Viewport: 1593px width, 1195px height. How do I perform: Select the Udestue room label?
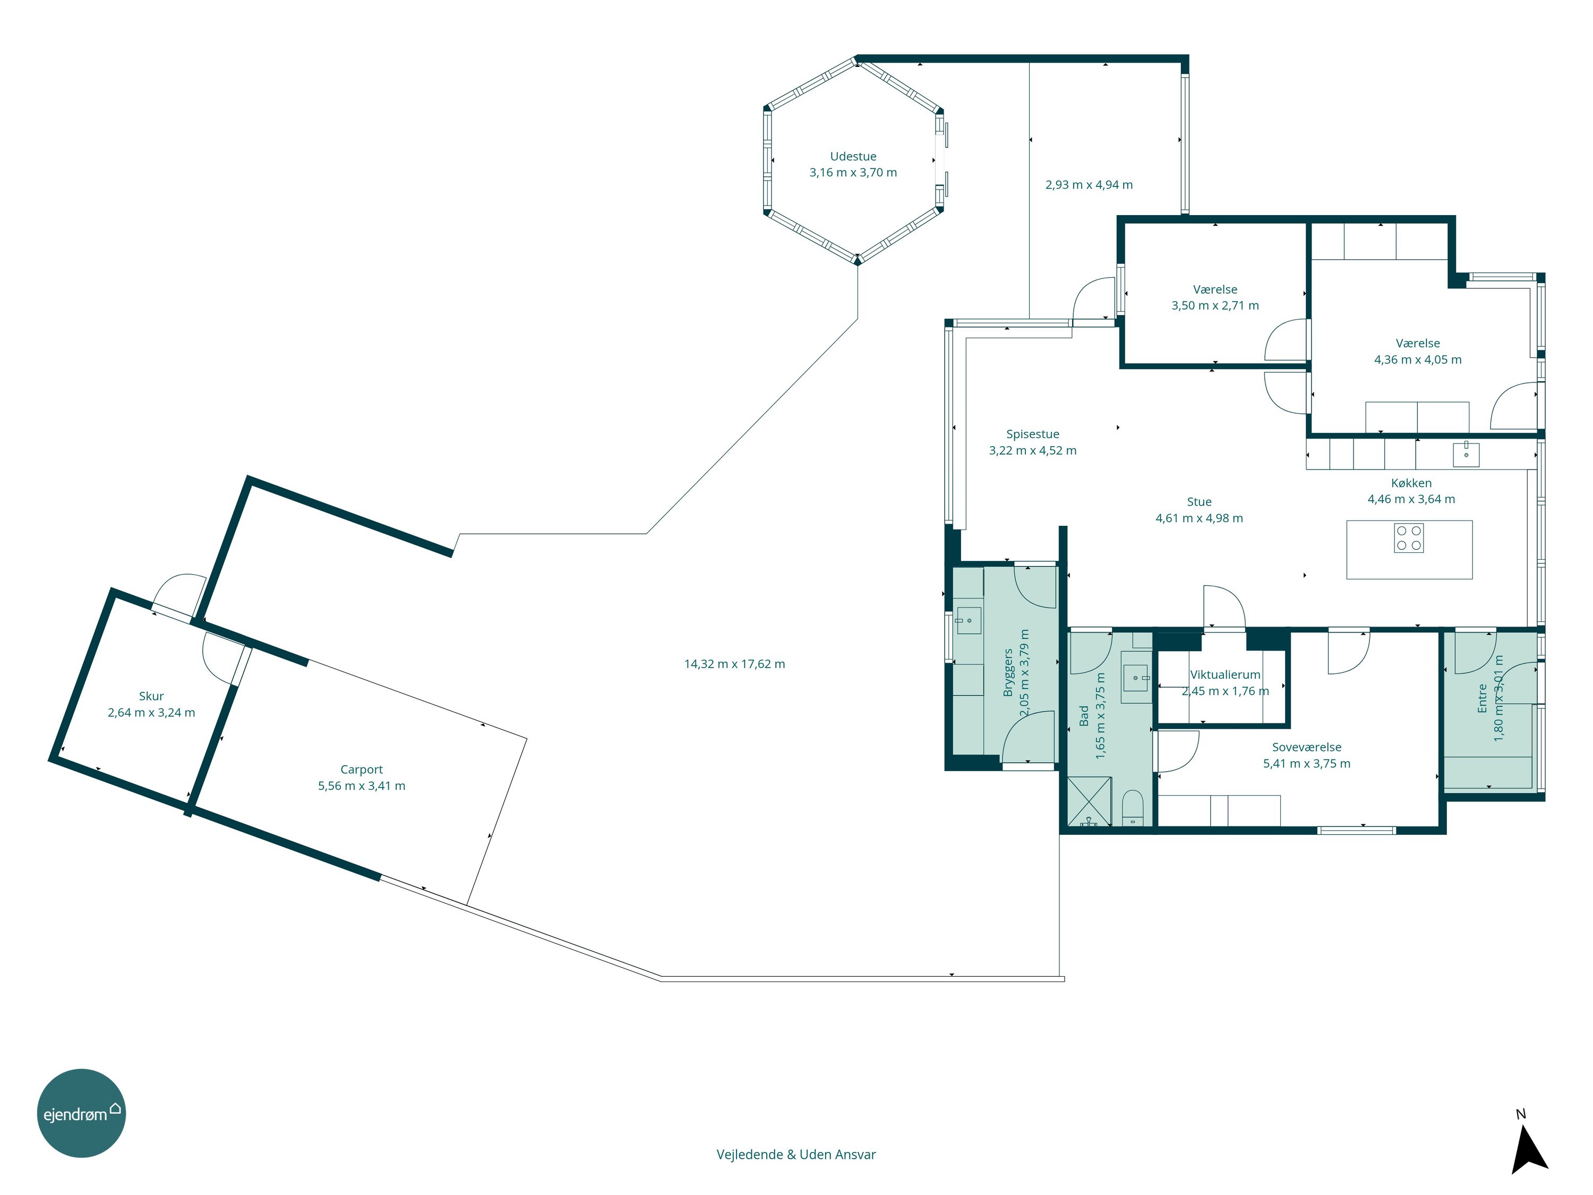point(853,156)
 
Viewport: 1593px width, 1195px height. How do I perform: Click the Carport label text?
point(362,769)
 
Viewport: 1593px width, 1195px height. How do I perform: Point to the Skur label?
point(151,696)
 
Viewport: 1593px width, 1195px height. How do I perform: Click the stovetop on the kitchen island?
point(1409,538)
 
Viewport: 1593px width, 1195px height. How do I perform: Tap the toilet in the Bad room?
point(1133,807)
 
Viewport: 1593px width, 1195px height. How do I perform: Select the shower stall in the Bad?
point(1090,801)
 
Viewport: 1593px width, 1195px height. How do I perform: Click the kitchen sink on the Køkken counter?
point(1466,455)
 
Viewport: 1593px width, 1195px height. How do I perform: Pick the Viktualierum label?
point(1225,675)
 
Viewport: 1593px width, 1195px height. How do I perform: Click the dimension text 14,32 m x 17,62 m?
point(734,664)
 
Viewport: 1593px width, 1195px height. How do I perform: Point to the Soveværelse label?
point(1306,747)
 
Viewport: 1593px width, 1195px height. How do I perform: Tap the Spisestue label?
point(1033,434)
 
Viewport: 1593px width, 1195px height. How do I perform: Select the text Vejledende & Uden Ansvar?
point(796,1155)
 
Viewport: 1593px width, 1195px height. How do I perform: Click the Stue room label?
point(1199,502)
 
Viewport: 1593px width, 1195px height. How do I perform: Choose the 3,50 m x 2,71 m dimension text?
point(1215,305)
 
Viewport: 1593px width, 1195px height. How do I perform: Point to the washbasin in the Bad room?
point(1136,678)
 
